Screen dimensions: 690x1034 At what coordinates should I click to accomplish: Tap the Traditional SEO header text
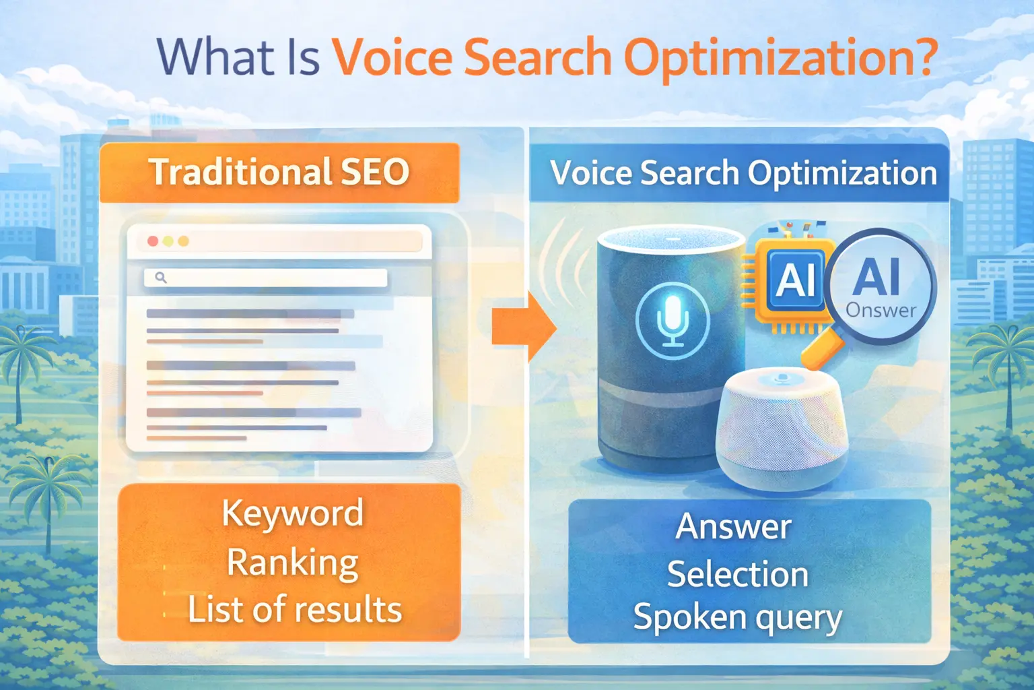click(279, 172)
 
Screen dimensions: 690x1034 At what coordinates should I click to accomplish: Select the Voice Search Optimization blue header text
click(743, 173)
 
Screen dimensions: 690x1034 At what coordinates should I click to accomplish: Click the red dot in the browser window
click(153, 241)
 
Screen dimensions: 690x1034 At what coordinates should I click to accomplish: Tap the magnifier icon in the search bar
click(161, 277)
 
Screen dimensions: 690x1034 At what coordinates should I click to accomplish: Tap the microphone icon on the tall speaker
click(673, 321)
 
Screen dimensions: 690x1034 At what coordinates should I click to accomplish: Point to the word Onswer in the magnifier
click(881, 310)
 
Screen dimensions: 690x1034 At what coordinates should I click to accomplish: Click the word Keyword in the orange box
click(292, 513)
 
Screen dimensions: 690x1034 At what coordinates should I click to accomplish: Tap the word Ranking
click(292, 562)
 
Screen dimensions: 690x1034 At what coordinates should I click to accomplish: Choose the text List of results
click(294, 609)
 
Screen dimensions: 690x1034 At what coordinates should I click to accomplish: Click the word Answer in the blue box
click(733, 526)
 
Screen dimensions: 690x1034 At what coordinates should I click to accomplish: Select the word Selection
click(737, 574)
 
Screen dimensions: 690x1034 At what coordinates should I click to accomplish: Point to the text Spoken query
click(737, 617)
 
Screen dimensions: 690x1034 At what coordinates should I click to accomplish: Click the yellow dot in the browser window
click(168, 241)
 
